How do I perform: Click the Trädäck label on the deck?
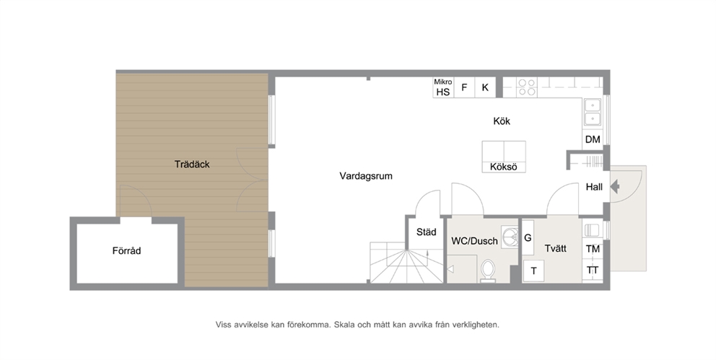(x=192, y=164)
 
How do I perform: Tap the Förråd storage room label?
(x=126, y=250)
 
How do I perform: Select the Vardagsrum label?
(x=366, y=176)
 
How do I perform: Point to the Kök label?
(x=502, y=121)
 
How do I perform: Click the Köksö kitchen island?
(x=504, y=157)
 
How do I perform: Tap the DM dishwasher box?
(x=593, y=139)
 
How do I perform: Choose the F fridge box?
(x=464, y=87)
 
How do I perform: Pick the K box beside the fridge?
(x=486, y=87)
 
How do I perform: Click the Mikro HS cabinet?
(x=443, y=87)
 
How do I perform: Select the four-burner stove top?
(x=526, y=87)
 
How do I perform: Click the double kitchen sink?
(x=593, y=113)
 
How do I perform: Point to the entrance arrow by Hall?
(x=615, y=187)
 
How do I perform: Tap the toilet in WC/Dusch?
(x=488, y=271)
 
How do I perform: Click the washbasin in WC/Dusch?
(x=510, y=237)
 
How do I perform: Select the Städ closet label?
(x=426, y=232)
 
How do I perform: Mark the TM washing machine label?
(x=593, y=249)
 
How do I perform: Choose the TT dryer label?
(x=593, y=270)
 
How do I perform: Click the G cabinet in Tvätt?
(x=528, y=238)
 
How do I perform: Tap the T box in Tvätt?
(x=533, y=271)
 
